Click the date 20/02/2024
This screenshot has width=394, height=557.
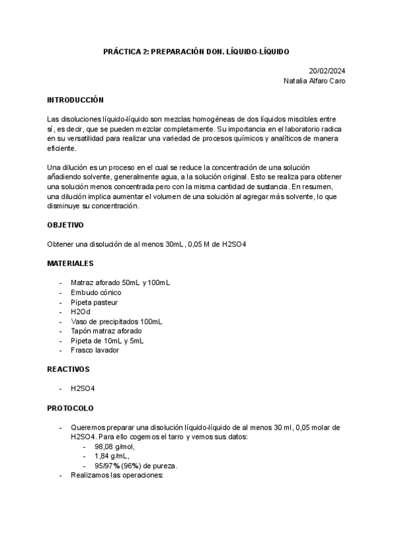[x=327, y=71]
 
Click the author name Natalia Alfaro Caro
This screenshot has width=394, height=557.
[x=313, y=81]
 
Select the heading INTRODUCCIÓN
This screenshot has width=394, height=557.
[x=76, y=100]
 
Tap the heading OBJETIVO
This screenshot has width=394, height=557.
[x=65, y=225]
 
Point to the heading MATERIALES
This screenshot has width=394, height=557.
[x=70, y=263]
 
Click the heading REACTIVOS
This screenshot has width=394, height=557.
[x=68, y=369]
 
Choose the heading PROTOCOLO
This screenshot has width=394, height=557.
[x=70, y=408]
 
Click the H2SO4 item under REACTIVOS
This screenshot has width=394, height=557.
[x=83, y=389]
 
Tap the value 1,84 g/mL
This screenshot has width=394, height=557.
[x=112, y=456]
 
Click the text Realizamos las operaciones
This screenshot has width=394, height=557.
[x=116, y=475]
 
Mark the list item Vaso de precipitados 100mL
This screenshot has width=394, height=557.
[x=116, y=321]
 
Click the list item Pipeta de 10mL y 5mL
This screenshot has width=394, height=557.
[x=107, y=341]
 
